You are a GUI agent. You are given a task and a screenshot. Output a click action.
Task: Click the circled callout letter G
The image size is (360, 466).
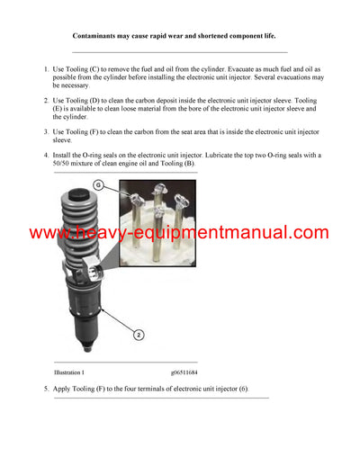pyautogui.click(x=103, y=187)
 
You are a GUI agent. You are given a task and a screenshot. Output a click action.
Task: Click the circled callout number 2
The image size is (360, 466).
pyautogui.click(x=139, y=335)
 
